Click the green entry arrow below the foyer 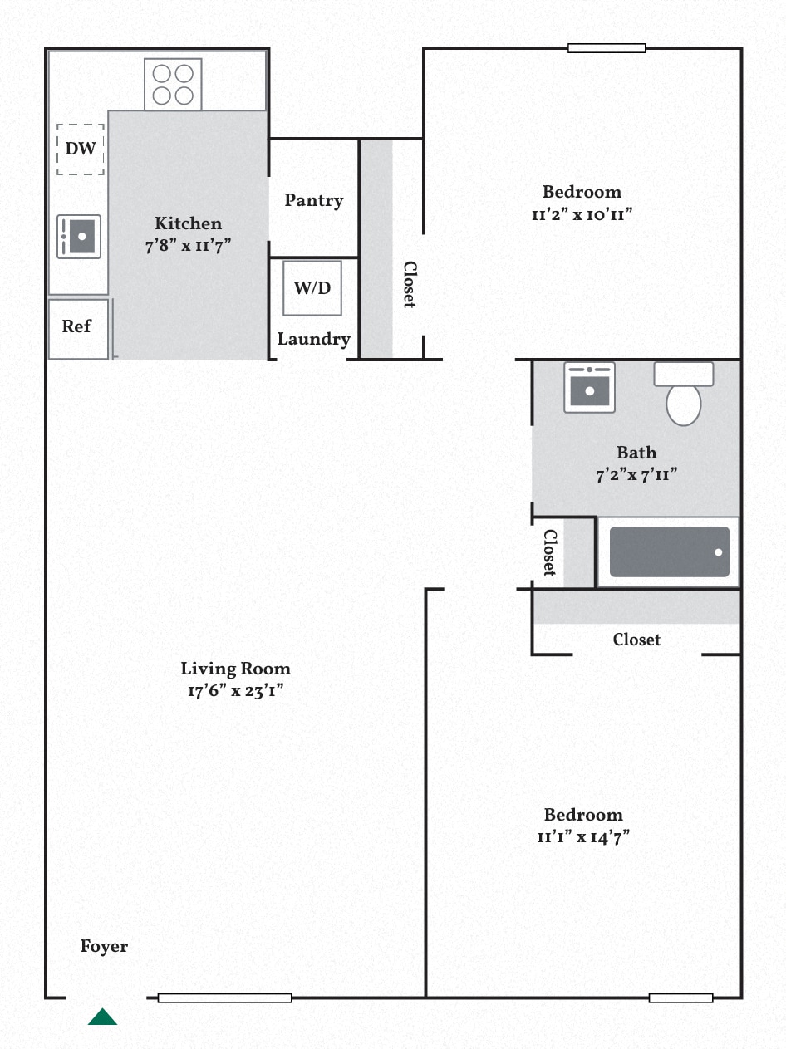pos(102,1017)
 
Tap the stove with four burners pos(173,85)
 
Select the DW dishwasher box pos(81,150)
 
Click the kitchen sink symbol pos(79,237)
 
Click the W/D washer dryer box pos(312,288)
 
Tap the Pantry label pos(313,200)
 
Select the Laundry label pos(313,339)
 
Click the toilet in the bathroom pos(684,396)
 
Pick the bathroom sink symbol pos(589,388)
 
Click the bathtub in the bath pos(669,552)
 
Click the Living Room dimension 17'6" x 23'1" pos(236,690)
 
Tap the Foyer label pos(104,946)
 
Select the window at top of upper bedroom pos(607,48)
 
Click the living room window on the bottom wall pos(224,998)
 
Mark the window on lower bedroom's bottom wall pos(680,998)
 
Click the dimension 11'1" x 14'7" pos(583,836)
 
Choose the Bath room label pos(636,453)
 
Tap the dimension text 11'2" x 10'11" pos(582,214)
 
